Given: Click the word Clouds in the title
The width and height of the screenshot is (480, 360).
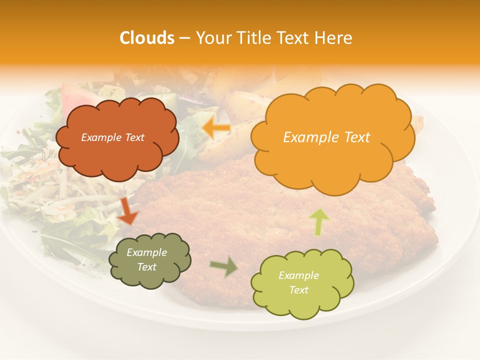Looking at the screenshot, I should [x=146, y=38].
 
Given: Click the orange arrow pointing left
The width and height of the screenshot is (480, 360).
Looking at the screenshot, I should [x=216, y=128].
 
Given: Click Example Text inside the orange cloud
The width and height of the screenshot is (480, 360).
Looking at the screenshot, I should [x=326, y=137].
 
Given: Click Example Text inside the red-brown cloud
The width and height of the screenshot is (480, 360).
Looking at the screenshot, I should [x=113, y=137].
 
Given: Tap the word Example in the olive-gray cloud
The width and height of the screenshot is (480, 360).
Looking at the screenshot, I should [x=147, y=252].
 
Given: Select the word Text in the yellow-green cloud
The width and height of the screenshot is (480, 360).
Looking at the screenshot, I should [x=298, y=290].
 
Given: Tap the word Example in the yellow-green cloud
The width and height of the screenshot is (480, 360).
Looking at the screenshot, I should [x=298, y=275].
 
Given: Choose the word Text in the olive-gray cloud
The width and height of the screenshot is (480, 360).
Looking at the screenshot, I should [x=147, y=267].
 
